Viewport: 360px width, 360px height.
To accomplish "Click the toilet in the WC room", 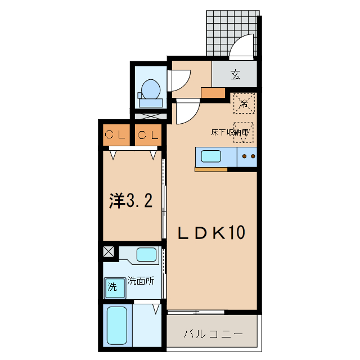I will click(151, 91).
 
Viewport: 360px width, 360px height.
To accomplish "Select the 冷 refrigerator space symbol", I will click(244, 103).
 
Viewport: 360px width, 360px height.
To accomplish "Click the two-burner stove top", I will click(247, 156).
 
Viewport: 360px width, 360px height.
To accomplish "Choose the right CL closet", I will click(148, 135).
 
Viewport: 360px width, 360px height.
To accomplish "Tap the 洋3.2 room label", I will click(131, 201).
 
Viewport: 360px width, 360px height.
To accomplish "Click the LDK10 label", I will click(211, 232).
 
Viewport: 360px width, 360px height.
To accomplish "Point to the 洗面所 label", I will click(140, 280).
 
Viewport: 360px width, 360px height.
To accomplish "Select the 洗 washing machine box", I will click(112, 287).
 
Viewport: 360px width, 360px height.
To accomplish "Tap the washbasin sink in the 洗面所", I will click(146, 254).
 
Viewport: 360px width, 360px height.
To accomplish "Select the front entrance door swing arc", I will click(242, 48).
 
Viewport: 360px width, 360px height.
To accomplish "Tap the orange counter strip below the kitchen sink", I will click(211, 169).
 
